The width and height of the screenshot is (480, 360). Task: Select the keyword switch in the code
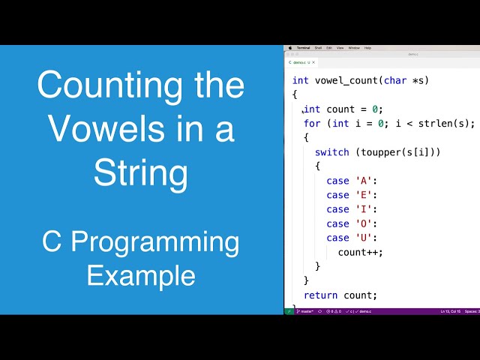pyautogui.click(x=331, y=152)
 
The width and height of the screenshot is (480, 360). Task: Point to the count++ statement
pyautogui.click(x=360, y=252)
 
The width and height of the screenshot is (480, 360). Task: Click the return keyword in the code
pyautogui.click(x=320, y=295)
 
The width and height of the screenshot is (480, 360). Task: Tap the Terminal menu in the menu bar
pyautogui.click(x=303, y=47)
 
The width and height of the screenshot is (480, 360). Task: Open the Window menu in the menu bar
pyautogui.click(x=354, y=47)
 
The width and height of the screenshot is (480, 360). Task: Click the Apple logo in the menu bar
pyautogui.click(x=291, y=47)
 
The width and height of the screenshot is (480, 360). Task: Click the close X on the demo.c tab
pyautogui.click(x=313, y=62)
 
